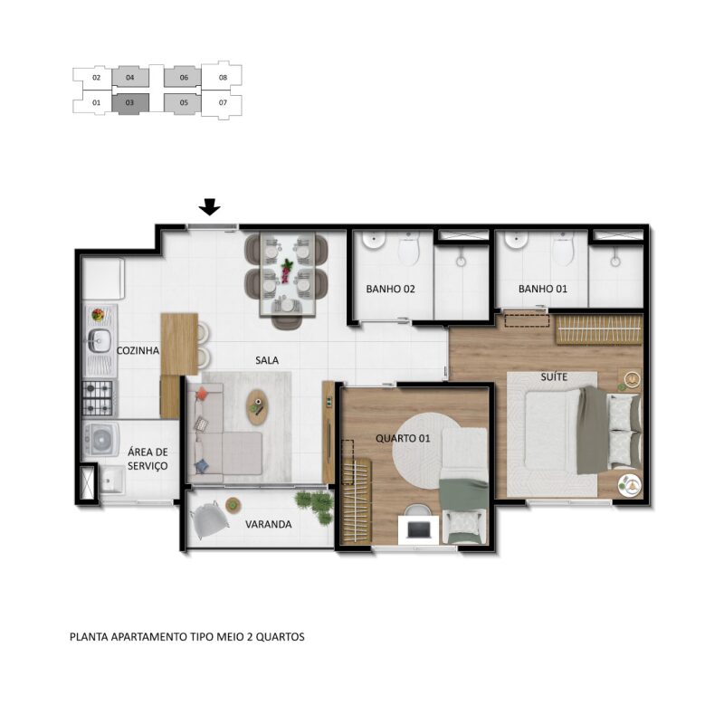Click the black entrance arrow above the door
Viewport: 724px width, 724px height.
point(210,207)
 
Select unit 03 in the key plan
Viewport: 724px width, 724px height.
point(130,102)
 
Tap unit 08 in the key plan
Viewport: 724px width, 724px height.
point(223,78)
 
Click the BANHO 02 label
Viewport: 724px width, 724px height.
point(390,289)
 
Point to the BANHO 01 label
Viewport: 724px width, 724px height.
point(542,289)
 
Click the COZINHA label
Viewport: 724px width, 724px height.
point(138,350)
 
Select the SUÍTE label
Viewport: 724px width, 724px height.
point(554,376)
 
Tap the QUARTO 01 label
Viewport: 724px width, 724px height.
point(403,438)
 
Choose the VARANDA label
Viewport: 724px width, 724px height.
point(268,525)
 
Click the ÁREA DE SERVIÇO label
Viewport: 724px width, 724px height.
point(148,459)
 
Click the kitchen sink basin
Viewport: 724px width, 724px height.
point(99,341)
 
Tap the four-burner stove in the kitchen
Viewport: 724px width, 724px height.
point(98,398)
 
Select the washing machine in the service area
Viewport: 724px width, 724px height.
point(101,439)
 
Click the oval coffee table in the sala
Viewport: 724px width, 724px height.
point(258,406)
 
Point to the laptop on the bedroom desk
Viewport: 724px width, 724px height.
point(418,529)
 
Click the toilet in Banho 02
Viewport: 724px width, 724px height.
point(409,250)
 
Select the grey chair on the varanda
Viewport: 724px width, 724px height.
point(210,519)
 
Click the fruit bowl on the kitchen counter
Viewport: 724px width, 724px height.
point(98,315)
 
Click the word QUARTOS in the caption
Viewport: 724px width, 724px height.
point(280,637)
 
